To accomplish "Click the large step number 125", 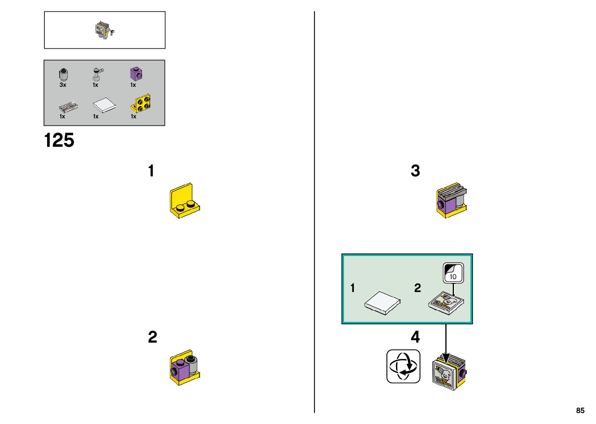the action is (59, 141).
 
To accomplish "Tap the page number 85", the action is (580, 410).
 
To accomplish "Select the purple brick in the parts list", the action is (135, 74).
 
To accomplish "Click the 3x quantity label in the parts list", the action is (63, 85).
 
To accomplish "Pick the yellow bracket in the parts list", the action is (141, 103).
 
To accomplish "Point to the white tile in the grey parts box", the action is (104, 105).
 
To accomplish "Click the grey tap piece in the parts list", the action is (97, 74).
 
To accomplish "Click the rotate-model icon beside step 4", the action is (403, 366).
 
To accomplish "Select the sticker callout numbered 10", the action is (453, 273).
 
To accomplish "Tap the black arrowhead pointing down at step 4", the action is (446, 357).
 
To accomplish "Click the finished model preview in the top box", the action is (104, 30).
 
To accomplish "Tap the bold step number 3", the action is (415, 171).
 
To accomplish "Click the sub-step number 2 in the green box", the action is (417, 288).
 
